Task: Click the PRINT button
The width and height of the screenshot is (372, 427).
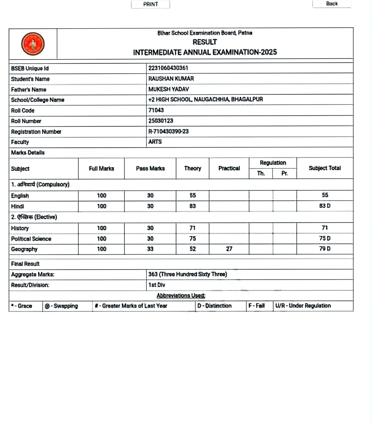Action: [150, 4]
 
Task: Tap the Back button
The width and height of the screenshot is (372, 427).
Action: [332, 4]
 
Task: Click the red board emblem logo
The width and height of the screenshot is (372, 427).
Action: [33, 44]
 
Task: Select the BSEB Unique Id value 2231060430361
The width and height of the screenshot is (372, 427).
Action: [168, 68]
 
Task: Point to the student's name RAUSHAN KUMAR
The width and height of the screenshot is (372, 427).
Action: [171, 79]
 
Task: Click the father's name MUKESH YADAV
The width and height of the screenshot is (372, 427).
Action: [168, 89]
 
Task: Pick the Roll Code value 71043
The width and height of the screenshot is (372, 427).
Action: [156, 110]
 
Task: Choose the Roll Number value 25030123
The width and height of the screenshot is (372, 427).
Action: [160, 121]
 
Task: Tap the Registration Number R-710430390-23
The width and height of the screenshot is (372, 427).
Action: [168, 132]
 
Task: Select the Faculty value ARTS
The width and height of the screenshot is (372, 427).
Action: [155, 142]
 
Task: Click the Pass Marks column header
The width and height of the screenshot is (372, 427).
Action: [150, 169]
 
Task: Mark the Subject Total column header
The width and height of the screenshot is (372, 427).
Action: [325, 168]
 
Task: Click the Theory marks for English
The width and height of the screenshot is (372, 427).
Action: [193, 196]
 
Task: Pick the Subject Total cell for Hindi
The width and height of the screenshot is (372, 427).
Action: [325, 206]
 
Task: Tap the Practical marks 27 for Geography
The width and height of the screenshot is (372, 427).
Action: [229, 249]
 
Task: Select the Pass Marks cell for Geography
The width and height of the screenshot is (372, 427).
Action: [150, 249]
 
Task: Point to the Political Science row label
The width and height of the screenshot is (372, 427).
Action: [31, 239]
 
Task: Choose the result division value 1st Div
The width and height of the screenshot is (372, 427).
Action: [157, 285]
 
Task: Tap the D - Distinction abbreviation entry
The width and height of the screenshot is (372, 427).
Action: [214, 306]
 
